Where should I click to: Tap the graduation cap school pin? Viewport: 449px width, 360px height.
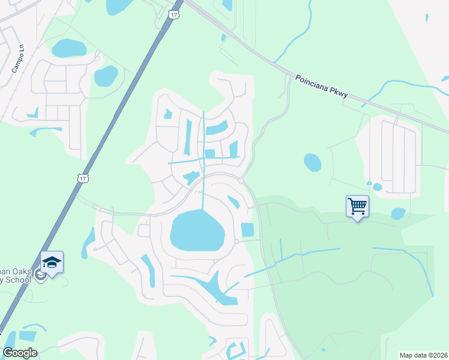[x=52, y=262]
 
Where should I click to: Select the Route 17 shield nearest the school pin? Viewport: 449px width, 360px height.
[x=83, y=178]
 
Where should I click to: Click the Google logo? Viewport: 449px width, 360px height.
[x=20, y=353]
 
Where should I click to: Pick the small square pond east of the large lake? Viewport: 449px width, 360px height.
[x=247, y=230]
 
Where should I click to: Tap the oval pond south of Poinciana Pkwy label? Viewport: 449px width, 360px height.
[x=312, y=162]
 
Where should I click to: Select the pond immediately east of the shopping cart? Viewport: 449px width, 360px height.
[x=398, y=214]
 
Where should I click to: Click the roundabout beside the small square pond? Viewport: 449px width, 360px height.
[x=237, y=242]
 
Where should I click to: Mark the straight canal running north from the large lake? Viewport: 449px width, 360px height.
[x=203, y=192]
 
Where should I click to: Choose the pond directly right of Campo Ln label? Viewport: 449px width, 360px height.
[x=68, y=47]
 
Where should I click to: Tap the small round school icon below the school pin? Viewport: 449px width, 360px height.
[x=40, y=275]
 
